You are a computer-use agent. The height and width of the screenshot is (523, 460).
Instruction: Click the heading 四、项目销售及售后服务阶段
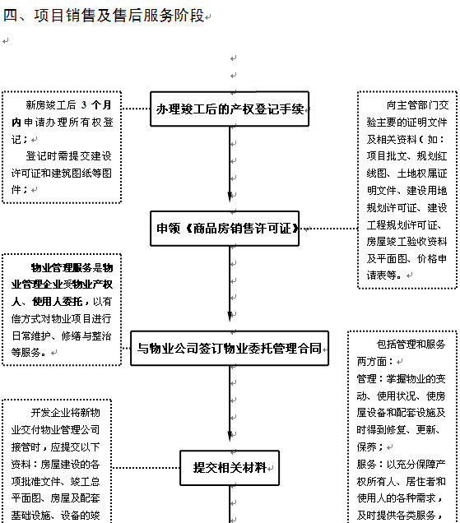tap(104, 16)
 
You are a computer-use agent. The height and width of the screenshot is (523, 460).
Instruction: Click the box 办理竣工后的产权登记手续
tap(230, 109)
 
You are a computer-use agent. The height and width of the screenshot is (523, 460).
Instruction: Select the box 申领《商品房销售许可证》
tap(225, 229)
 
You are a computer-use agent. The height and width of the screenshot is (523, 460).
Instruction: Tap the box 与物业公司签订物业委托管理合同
tap(230, 348)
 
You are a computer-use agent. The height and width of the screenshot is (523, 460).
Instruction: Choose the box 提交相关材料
tap(230, 468)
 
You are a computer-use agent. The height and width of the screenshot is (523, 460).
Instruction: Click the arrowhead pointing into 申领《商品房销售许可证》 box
tap(230, 197)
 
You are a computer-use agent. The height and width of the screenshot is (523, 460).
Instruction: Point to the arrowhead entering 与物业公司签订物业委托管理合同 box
tap(230, 317)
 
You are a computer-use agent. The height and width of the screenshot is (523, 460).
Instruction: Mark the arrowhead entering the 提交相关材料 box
tap(230, 437)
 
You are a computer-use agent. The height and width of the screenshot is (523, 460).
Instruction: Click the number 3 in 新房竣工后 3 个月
tap(84, 105)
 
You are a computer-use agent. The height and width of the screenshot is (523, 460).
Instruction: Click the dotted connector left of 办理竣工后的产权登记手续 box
tap(136, 109)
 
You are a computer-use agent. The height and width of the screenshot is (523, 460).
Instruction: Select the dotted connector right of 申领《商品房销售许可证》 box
tap(328, 229)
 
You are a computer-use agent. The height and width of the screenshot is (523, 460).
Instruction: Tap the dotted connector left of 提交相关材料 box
tap(146, 468)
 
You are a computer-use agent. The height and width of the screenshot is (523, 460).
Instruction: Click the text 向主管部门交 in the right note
tap(417, 105)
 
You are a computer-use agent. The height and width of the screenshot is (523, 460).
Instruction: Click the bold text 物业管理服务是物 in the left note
tap(72, 267)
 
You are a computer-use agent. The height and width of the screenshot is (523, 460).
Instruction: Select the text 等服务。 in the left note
tap(29, 352)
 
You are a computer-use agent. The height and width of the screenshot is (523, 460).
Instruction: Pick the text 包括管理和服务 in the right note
tap(411, 345)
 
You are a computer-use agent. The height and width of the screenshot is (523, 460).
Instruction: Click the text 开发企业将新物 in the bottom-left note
tap(66, 413)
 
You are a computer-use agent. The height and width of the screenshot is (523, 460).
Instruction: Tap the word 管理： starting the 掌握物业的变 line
tap(371, 378)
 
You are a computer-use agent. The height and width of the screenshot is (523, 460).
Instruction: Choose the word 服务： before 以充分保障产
tap(371, 464)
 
